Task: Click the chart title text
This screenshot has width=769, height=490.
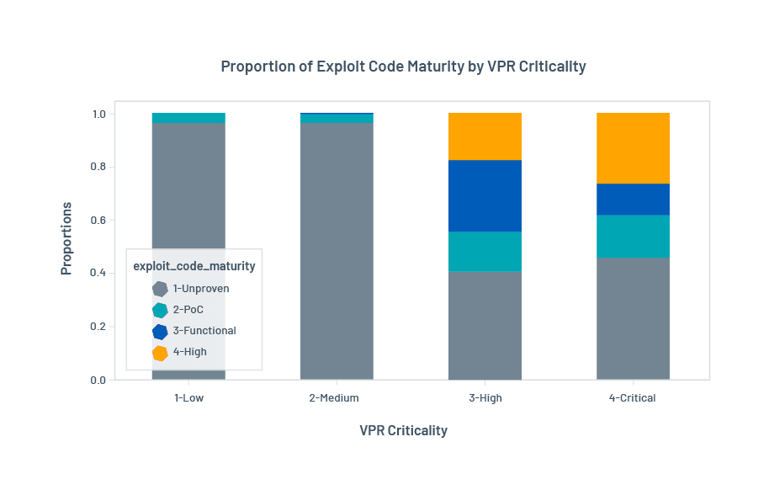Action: (403, 67)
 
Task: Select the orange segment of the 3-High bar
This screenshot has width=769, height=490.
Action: (485, 136)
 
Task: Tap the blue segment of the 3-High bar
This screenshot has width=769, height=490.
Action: (485, 195)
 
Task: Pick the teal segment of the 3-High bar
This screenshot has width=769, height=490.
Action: (485, 251)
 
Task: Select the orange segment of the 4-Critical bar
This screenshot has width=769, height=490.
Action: (633, 148)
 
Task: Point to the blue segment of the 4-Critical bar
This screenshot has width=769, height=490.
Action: (633, 199)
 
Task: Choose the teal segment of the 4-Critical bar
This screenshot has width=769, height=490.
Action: (633, 236)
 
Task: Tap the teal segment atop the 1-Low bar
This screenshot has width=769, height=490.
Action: (188, 118)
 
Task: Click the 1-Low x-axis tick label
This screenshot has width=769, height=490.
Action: (188, 398)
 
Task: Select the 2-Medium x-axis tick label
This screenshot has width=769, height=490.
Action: (337, 398)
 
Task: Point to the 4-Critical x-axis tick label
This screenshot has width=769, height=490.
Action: (633, 398)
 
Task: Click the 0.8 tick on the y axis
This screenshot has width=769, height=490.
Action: (99, 167)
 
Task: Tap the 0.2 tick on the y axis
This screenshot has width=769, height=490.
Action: (99, 327)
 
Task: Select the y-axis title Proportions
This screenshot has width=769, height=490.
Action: (66, 238)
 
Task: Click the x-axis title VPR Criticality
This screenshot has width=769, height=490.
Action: (403, 430)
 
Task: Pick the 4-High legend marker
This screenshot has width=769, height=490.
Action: (160, 353)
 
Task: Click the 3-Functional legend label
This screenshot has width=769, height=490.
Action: (204, 331)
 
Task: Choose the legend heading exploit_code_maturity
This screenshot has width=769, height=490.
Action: (194, 266)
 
